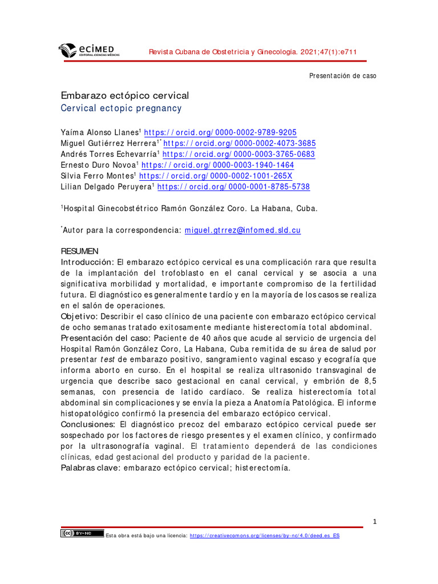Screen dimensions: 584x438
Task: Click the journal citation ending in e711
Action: (253, 52)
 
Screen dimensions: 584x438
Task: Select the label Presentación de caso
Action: (342, 76)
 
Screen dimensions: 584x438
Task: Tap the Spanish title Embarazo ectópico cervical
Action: (125, 95)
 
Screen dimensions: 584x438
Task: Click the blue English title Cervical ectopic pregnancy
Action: (121, 108)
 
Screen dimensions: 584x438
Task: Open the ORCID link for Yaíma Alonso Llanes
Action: (220, 132)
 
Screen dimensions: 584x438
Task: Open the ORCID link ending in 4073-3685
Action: (240, 143)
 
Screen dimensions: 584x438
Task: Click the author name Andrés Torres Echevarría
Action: (109, 155)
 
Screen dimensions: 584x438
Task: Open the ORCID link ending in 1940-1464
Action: (218, 165)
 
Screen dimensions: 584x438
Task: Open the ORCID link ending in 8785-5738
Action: (233, 187)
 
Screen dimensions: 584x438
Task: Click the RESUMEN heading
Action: (80, 252)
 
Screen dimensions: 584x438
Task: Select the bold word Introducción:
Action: (88, 262)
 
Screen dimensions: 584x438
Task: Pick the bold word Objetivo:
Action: (79, 317)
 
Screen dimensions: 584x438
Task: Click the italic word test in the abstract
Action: (108, 360)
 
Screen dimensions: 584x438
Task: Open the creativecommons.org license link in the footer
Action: (264, 536)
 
